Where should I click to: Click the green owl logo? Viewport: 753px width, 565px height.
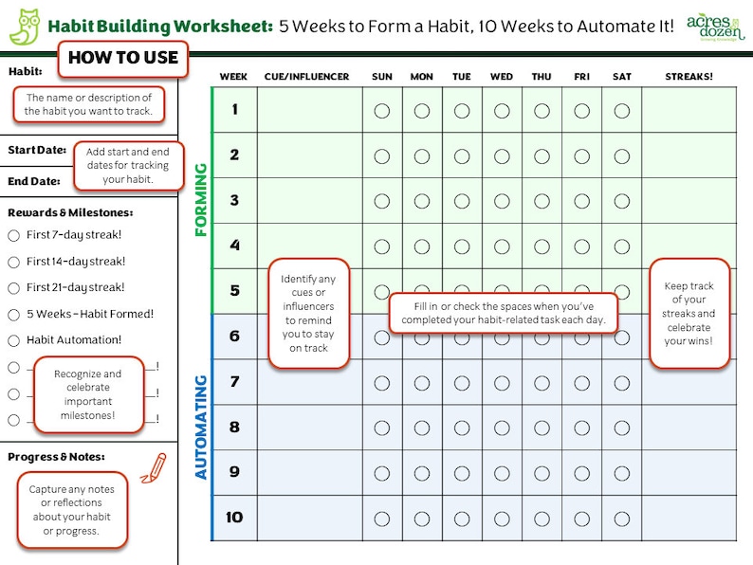pos(24,27)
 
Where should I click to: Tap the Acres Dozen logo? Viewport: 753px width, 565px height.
pos(713,25)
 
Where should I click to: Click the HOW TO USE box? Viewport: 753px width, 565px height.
pos(123,58)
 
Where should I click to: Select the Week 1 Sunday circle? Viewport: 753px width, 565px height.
pos(382,111)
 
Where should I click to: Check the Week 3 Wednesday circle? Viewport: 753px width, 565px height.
pos(502,201)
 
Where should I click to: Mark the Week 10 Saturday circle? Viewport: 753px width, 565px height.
pos(622,519)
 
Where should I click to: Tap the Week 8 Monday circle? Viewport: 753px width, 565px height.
pos(422,428)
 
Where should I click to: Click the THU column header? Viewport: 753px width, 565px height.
pos(542,76)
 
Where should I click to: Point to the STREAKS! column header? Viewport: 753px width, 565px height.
pos(689,76)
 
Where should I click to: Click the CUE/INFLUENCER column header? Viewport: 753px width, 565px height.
pos(307,76)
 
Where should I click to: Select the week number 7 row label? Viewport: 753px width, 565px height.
pos(234,381)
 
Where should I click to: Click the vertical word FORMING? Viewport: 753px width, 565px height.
pos(200,200)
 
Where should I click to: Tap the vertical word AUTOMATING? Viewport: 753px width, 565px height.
pos(200,427)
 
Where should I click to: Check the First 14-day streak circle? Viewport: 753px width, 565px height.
pos(13,262)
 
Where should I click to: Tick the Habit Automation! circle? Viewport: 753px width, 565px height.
pos(13,340)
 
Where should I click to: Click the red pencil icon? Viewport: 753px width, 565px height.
pos(152,465)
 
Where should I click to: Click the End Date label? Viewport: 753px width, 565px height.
pos(34,181)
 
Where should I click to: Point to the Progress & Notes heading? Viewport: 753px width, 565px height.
pos(56,457)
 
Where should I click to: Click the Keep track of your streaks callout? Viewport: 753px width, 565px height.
pos(689,313)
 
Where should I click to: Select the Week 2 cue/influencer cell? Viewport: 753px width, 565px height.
pos(309,155)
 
